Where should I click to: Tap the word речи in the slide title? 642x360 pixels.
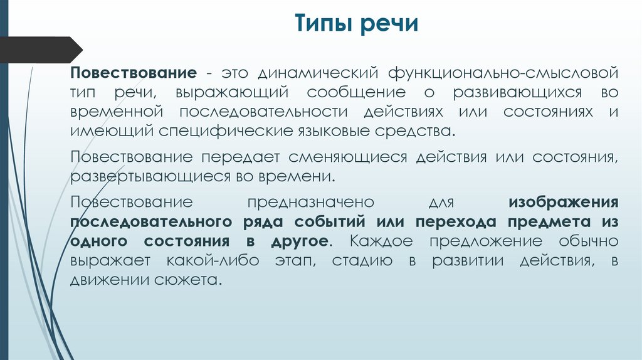(391, 26)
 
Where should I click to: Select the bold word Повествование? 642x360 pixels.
(134, 71)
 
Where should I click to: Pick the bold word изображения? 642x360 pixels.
(564, 202)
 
